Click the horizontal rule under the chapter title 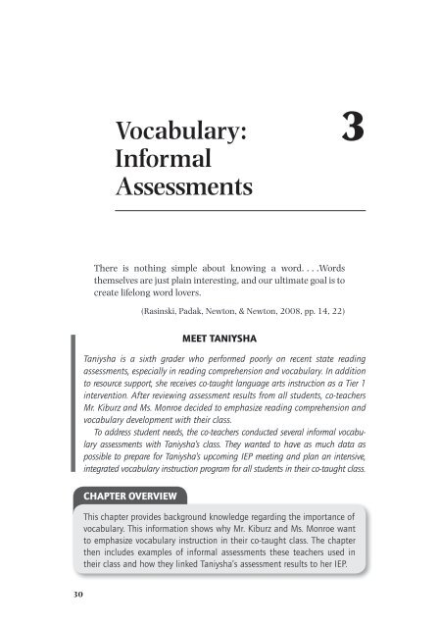point(240,211)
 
